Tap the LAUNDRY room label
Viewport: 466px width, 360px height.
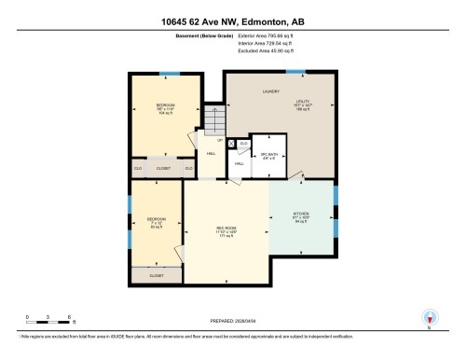(x=271, y=91)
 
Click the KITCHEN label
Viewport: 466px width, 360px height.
(x=301, y=218)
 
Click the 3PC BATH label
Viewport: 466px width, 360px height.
(x=268, y=155)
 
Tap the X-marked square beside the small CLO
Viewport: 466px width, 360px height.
(x=231, y=145)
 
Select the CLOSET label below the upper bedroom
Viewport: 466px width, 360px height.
(x=163, y=168)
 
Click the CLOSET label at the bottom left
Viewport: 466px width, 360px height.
(x=157, y=276)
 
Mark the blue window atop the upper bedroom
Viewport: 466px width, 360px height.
(x=169, y=73)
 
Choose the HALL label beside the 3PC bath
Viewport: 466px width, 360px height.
(x=240, y=164)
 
